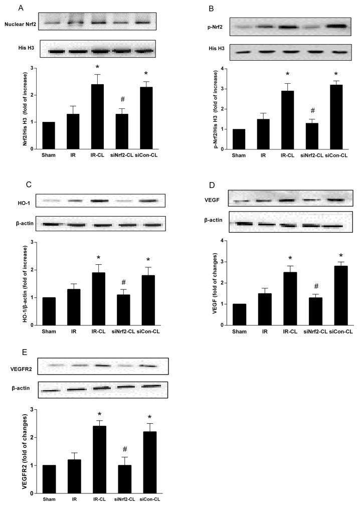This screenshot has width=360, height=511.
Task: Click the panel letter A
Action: (x=20, y=7)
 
